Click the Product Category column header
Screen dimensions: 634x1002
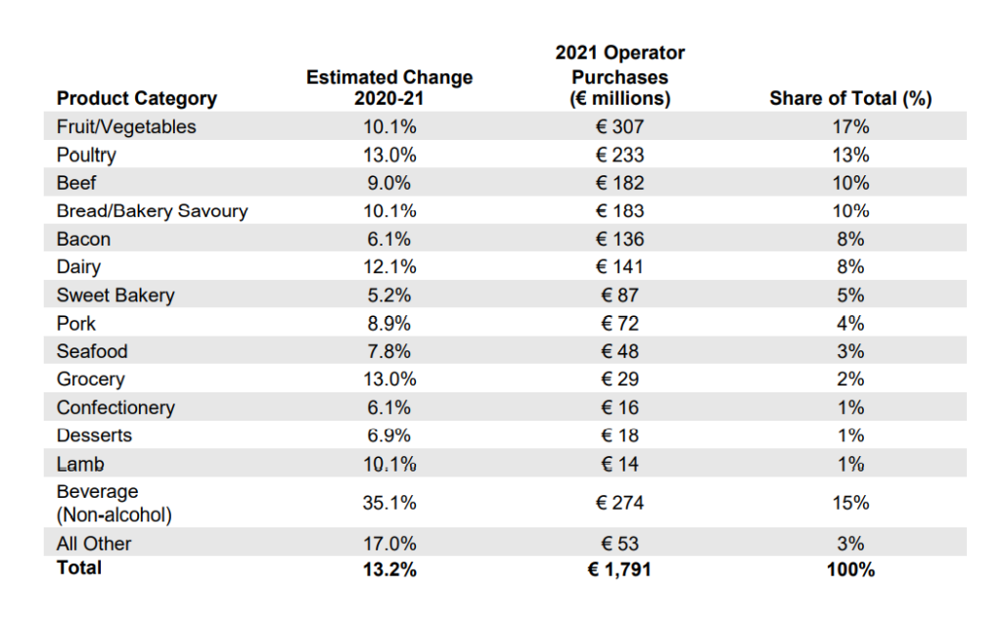[137, 98]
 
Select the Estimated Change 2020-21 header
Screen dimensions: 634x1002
[389, 87]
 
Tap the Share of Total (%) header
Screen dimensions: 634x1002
[850, 98]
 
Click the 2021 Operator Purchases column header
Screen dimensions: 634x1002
[620, 75]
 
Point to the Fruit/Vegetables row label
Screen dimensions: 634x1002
[126, 126]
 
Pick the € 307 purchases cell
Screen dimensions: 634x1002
[620, 126]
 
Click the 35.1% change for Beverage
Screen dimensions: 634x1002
[389, 503]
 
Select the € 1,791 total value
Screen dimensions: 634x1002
[620, 568]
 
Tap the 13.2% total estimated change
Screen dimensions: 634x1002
[389, 568]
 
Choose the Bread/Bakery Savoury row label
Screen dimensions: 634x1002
[152, 210]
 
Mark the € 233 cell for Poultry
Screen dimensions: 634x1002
[620, 155]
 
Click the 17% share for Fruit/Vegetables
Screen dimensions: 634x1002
[850, 126]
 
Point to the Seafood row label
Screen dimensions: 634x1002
[92, 351]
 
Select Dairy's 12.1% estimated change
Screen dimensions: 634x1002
[389, 267]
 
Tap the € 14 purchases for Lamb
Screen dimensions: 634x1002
[620, 464]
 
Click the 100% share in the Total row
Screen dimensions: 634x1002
[850, 568]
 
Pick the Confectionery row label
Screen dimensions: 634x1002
[115, 408]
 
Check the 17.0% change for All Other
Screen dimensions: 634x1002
[389, 543]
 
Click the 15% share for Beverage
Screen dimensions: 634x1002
[850, 503]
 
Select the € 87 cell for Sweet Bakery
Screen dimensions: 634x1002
[620, 295]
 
